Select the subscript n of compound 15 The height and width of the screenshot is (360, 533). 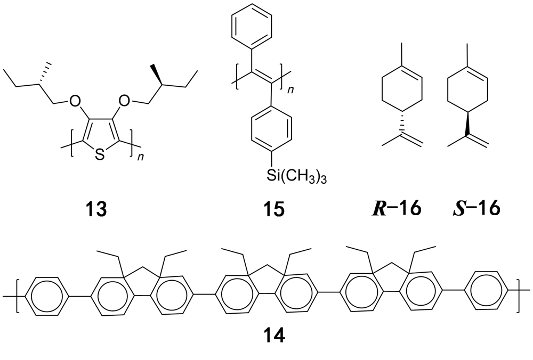click(291, 91)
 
